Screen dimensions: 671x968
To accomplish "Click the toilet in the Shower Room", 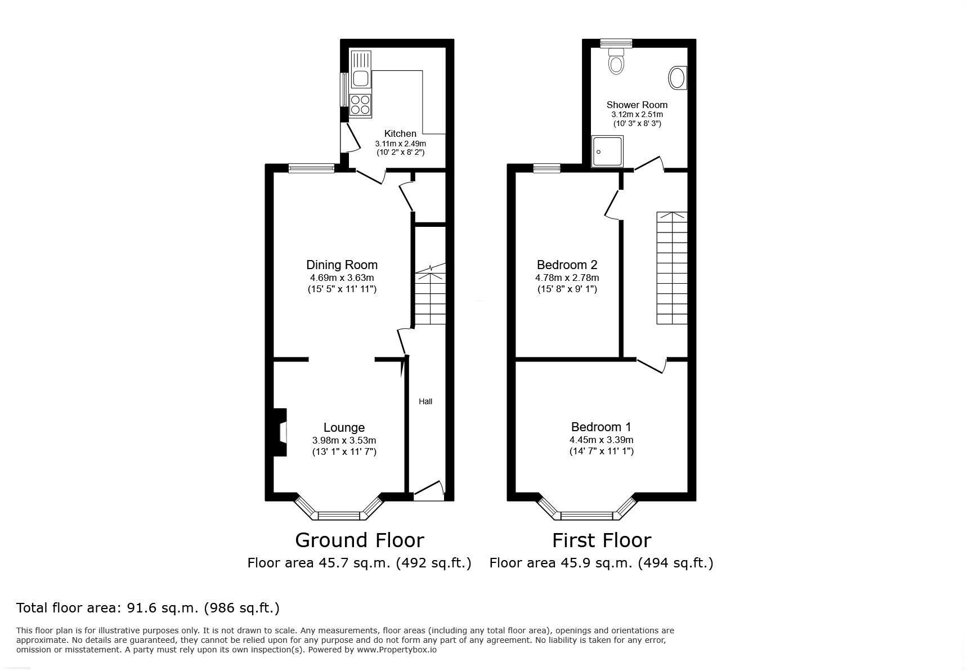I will (x=617, y=62).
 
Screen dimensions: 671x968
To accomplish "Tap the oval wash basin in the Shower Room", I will (x=678, y=78).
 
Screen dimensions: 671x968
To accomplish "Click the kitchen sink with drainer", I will (x=360, y=70).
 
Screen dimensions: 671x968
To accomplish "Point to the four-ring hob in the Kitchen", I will (x=360, y=105).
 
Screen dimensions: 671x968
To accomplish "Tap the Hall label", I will (x=425, y=401).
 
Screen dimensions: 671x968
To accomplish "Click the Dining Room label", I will (x=342, y=265).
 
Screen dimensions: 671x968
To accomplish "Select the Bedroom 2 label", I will (x=567, y=265).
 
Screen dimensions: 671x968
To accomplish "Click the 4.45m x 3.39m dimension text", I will (x=601, y=440).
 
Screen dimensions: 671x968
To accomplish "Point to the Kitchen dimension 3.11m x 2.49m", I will (x=400, y=144).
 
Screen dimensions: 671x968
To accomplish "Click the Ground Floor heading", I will (x=359, y=540).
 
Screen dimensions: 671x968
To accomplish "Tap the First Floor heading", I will (x=601, y=540).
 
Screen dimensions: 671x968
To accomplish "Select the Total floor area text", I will (x=148, y=608).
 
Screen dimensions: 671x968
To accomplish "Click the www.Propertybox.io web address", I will (x=396, y=650).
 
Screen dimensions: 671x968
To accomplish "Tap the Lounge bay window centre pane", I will (x=339, y=515).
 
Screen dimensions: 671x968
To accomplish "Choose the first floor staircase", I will (x=672, y=268).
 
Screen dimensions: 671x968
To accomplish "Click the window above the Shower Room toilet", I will (x=616, y=43).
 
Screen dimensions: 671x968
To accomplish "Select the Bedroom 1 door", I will (x=652, y=365).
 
